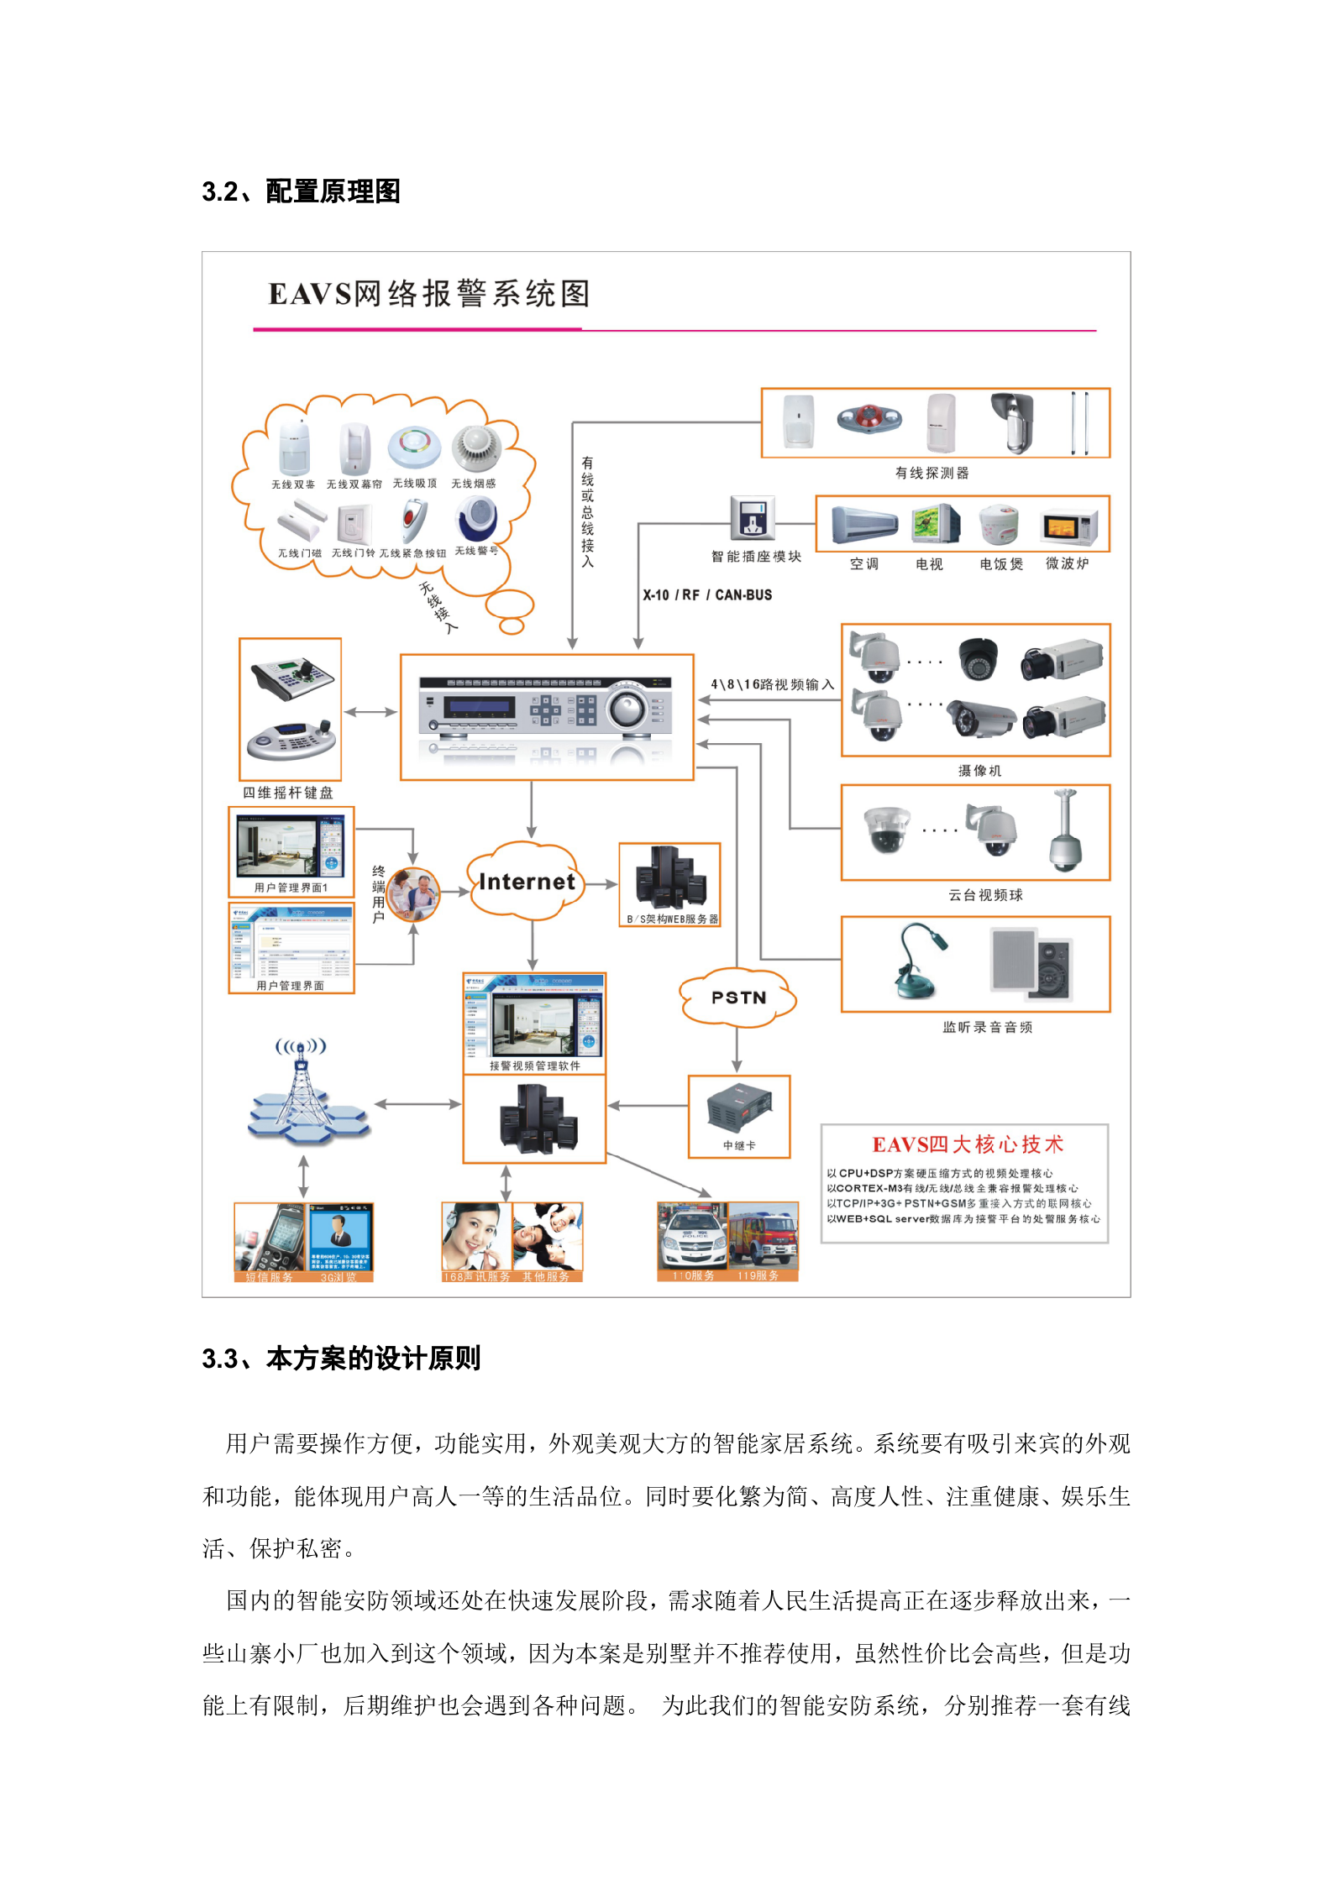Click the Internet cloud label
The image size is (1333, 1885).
tap(527, 882)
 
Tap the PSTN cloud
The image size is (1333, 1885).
tap(737, 997)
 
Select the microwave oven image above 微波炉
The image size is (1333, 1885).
tap(1068, 527)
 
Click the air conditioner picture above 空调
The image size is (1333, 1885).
tap(864, 525)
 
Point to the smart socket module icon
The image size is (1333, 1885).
tap(753, 517)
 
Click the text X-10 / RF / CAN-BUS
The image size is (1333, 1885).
tap(707, 594)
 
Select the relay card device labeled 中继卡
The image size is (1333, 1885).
tap(738, 1108)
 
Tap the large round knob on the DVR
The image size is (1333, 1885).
tap(627, 709)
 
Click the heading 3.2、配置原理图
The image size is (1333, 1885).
tap(301, 191)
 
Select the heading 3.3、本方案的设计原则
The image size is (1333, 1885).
tap(341, 1359)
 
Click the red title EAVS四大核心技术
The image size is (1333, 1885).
tap(968, 1144)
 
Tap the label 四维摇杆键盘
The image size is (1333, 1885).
tap(288, 793)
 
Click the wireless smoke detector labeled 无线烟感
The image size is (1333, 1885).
tap(475, 449)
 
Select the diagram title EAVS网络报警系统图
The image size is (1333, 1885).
tap(429, 294)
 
